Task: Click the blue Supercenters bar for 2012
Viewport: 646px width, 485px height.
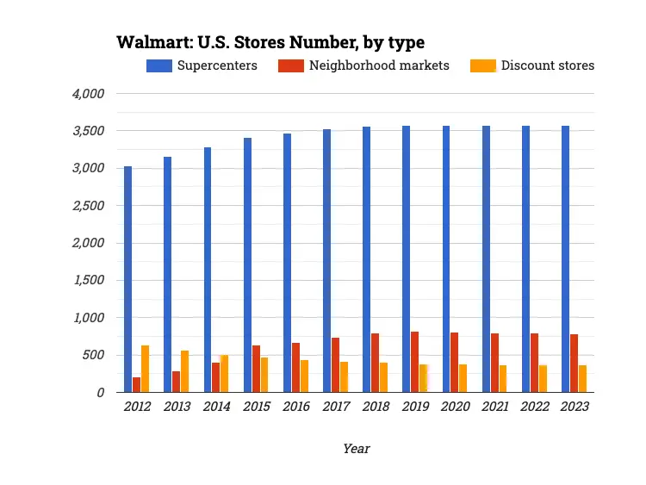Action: (x=127, y=279)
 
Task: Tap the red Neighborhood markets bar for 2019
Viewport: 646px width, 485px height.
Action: (x=415, y=362)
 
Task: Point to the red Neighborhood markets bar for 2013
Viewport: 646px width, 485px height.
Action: (x=177, y=382)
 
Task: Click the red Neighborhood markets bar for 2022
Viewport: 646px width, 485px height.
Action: (x=535, y=363)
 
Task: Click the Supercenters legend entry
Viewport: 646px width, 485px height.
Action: (x=202, y=65)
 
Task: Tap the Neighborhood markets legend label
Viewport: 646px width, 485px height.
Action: (x=379, y=65)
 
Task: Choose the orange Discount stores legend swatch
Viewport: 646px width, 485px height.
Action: (x=482, y=65)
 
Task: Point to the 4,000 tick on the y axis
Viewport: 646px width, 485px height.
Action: (x=87, y=93)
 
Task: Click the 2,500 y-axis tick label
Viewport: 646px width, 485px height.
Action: (x=87, y=205)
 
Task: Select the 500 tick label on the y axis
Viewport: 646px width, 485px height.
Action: (x=93, y=355)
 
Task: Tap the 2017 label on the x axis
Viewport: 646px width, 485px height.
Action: (x=336, y=407)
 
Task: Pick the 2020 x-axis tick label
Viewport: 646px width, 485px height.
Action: (x=456, y=407)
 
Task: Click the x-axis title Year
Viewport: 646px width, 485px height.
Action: (x=356, y=448)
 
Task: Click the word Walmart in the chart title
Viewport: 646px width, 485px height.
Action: (x=150, y=42)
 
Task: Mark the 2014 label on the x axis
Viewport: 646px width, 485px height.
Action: (x=216, y=407)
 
